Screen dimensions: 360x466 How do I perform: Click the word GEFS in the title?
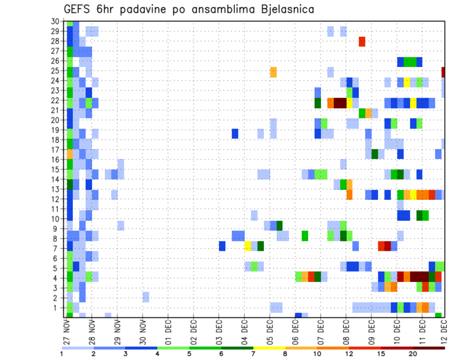(x=80, y=9)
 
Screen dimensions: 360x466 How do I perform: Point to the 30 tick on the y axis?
(x=56, y=21)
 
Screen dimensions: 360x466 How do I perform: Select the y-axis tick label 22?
(x=56, y=100)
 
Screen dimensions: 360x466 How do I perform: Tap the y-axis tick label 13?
(x=56, y=189)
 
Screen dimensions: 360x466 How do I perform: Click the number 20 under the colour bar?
(x=413, y=354)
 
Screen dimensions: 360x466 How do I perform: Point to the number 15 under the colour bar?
(x=381, y=354)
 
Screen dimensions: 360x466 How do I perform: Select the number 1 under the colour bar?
(x=62, y=354)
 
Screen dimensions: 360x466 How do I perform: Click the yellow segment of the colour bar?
(x=269, y=348)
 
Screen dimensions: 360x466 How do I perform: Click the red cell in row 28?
(x=362, y=42)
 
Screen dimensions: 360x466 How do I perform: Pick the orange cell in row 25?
(x=273, y=72)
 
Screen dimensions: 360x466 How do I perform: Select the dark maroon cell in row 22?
(x=340, y=103)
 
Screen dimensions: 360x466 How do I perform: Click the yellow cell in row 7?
(x=248, y=246)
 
